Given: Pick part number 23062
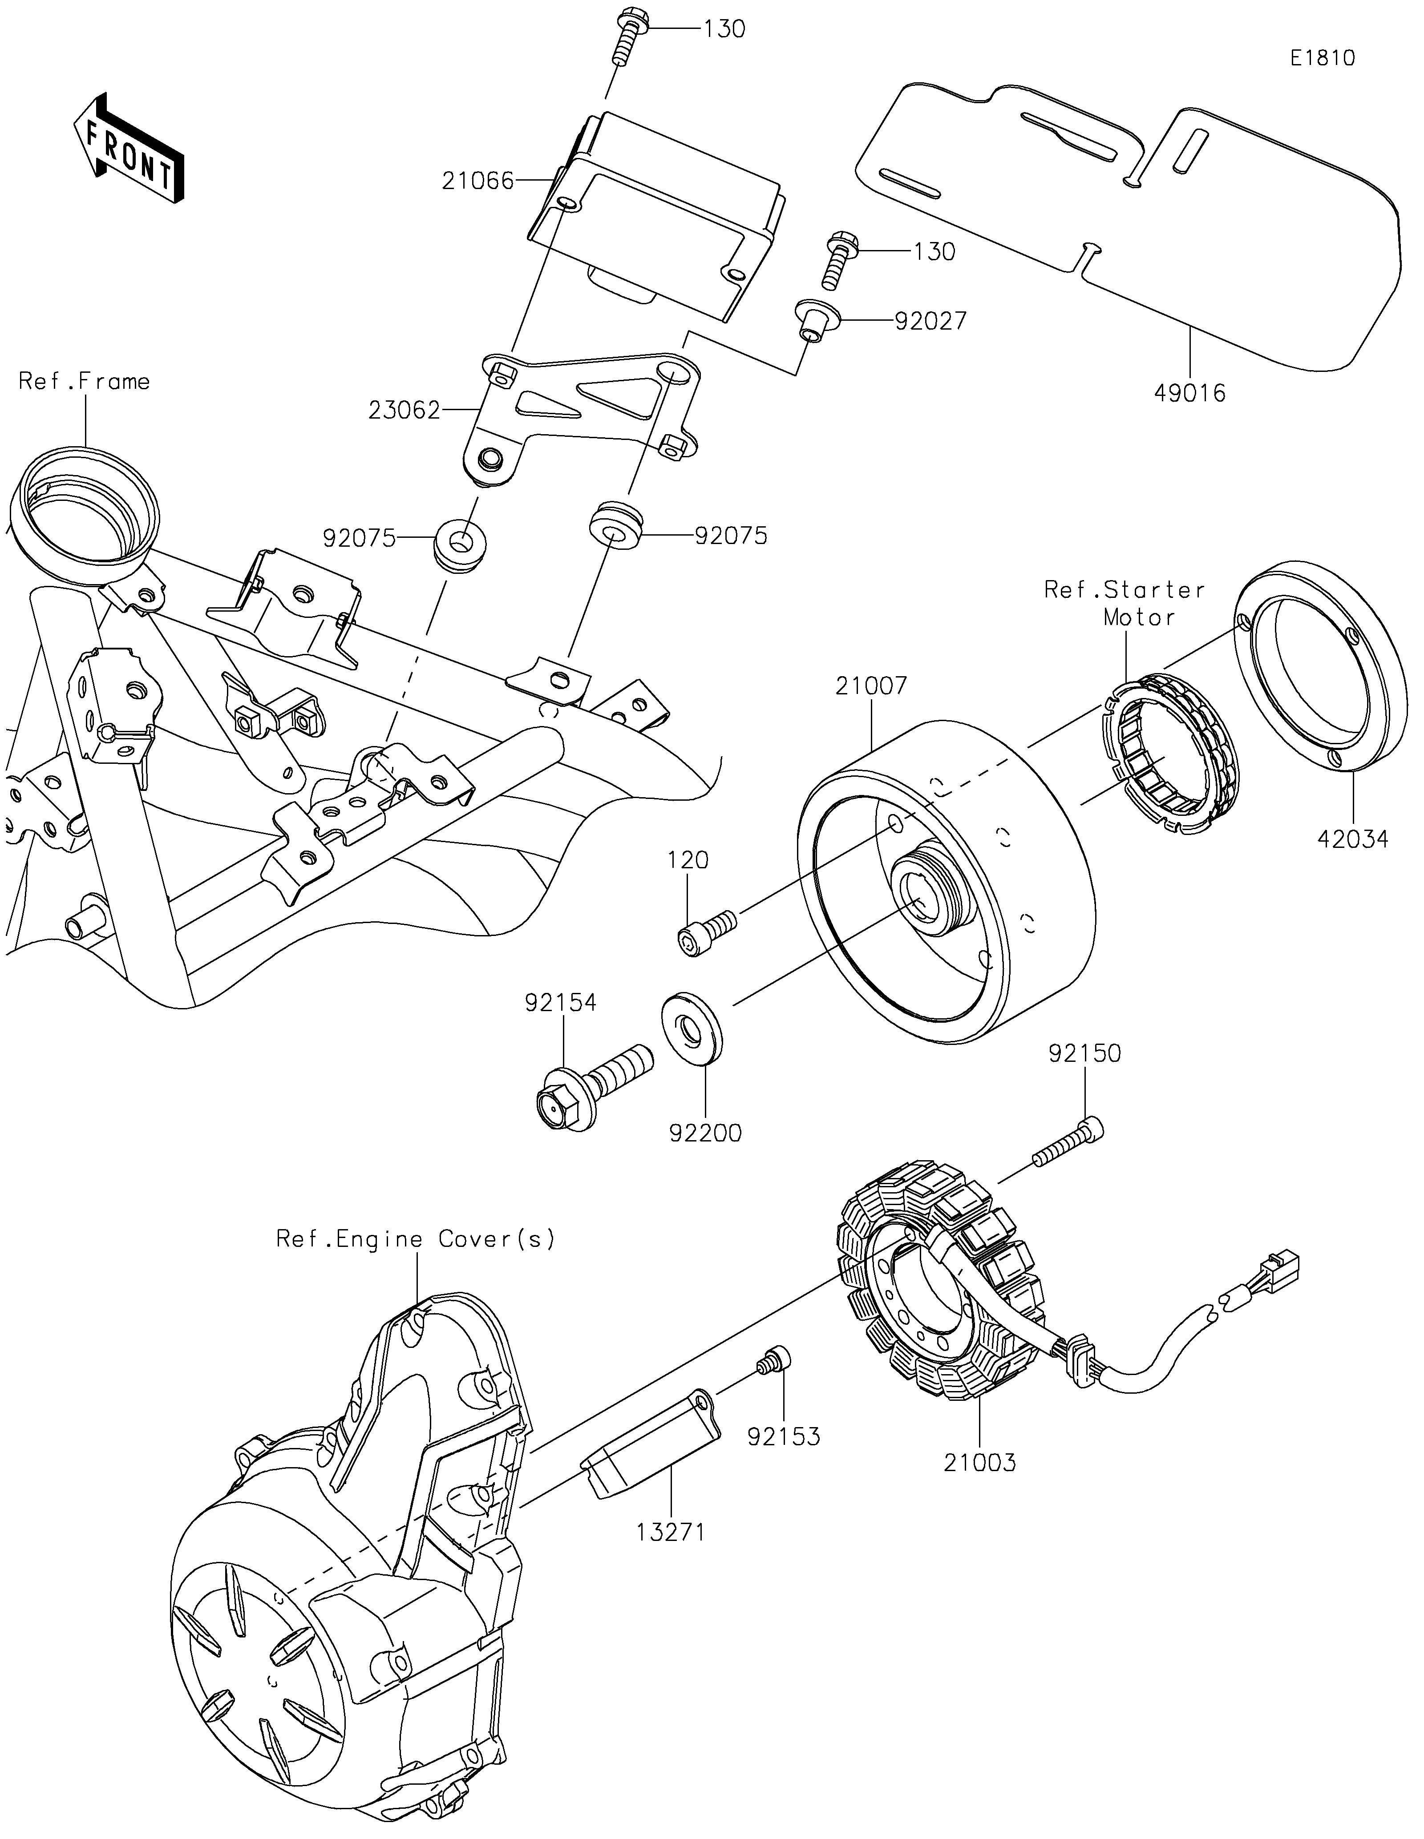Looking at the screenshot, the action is pyautogui.click(x=404, y=410).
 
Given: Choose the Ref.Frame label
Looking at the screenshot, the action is pyautogui.click(x=84, y=381).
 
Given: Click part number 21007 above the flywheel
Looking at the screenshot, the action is pyautogui.click(x=872, y=686).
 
